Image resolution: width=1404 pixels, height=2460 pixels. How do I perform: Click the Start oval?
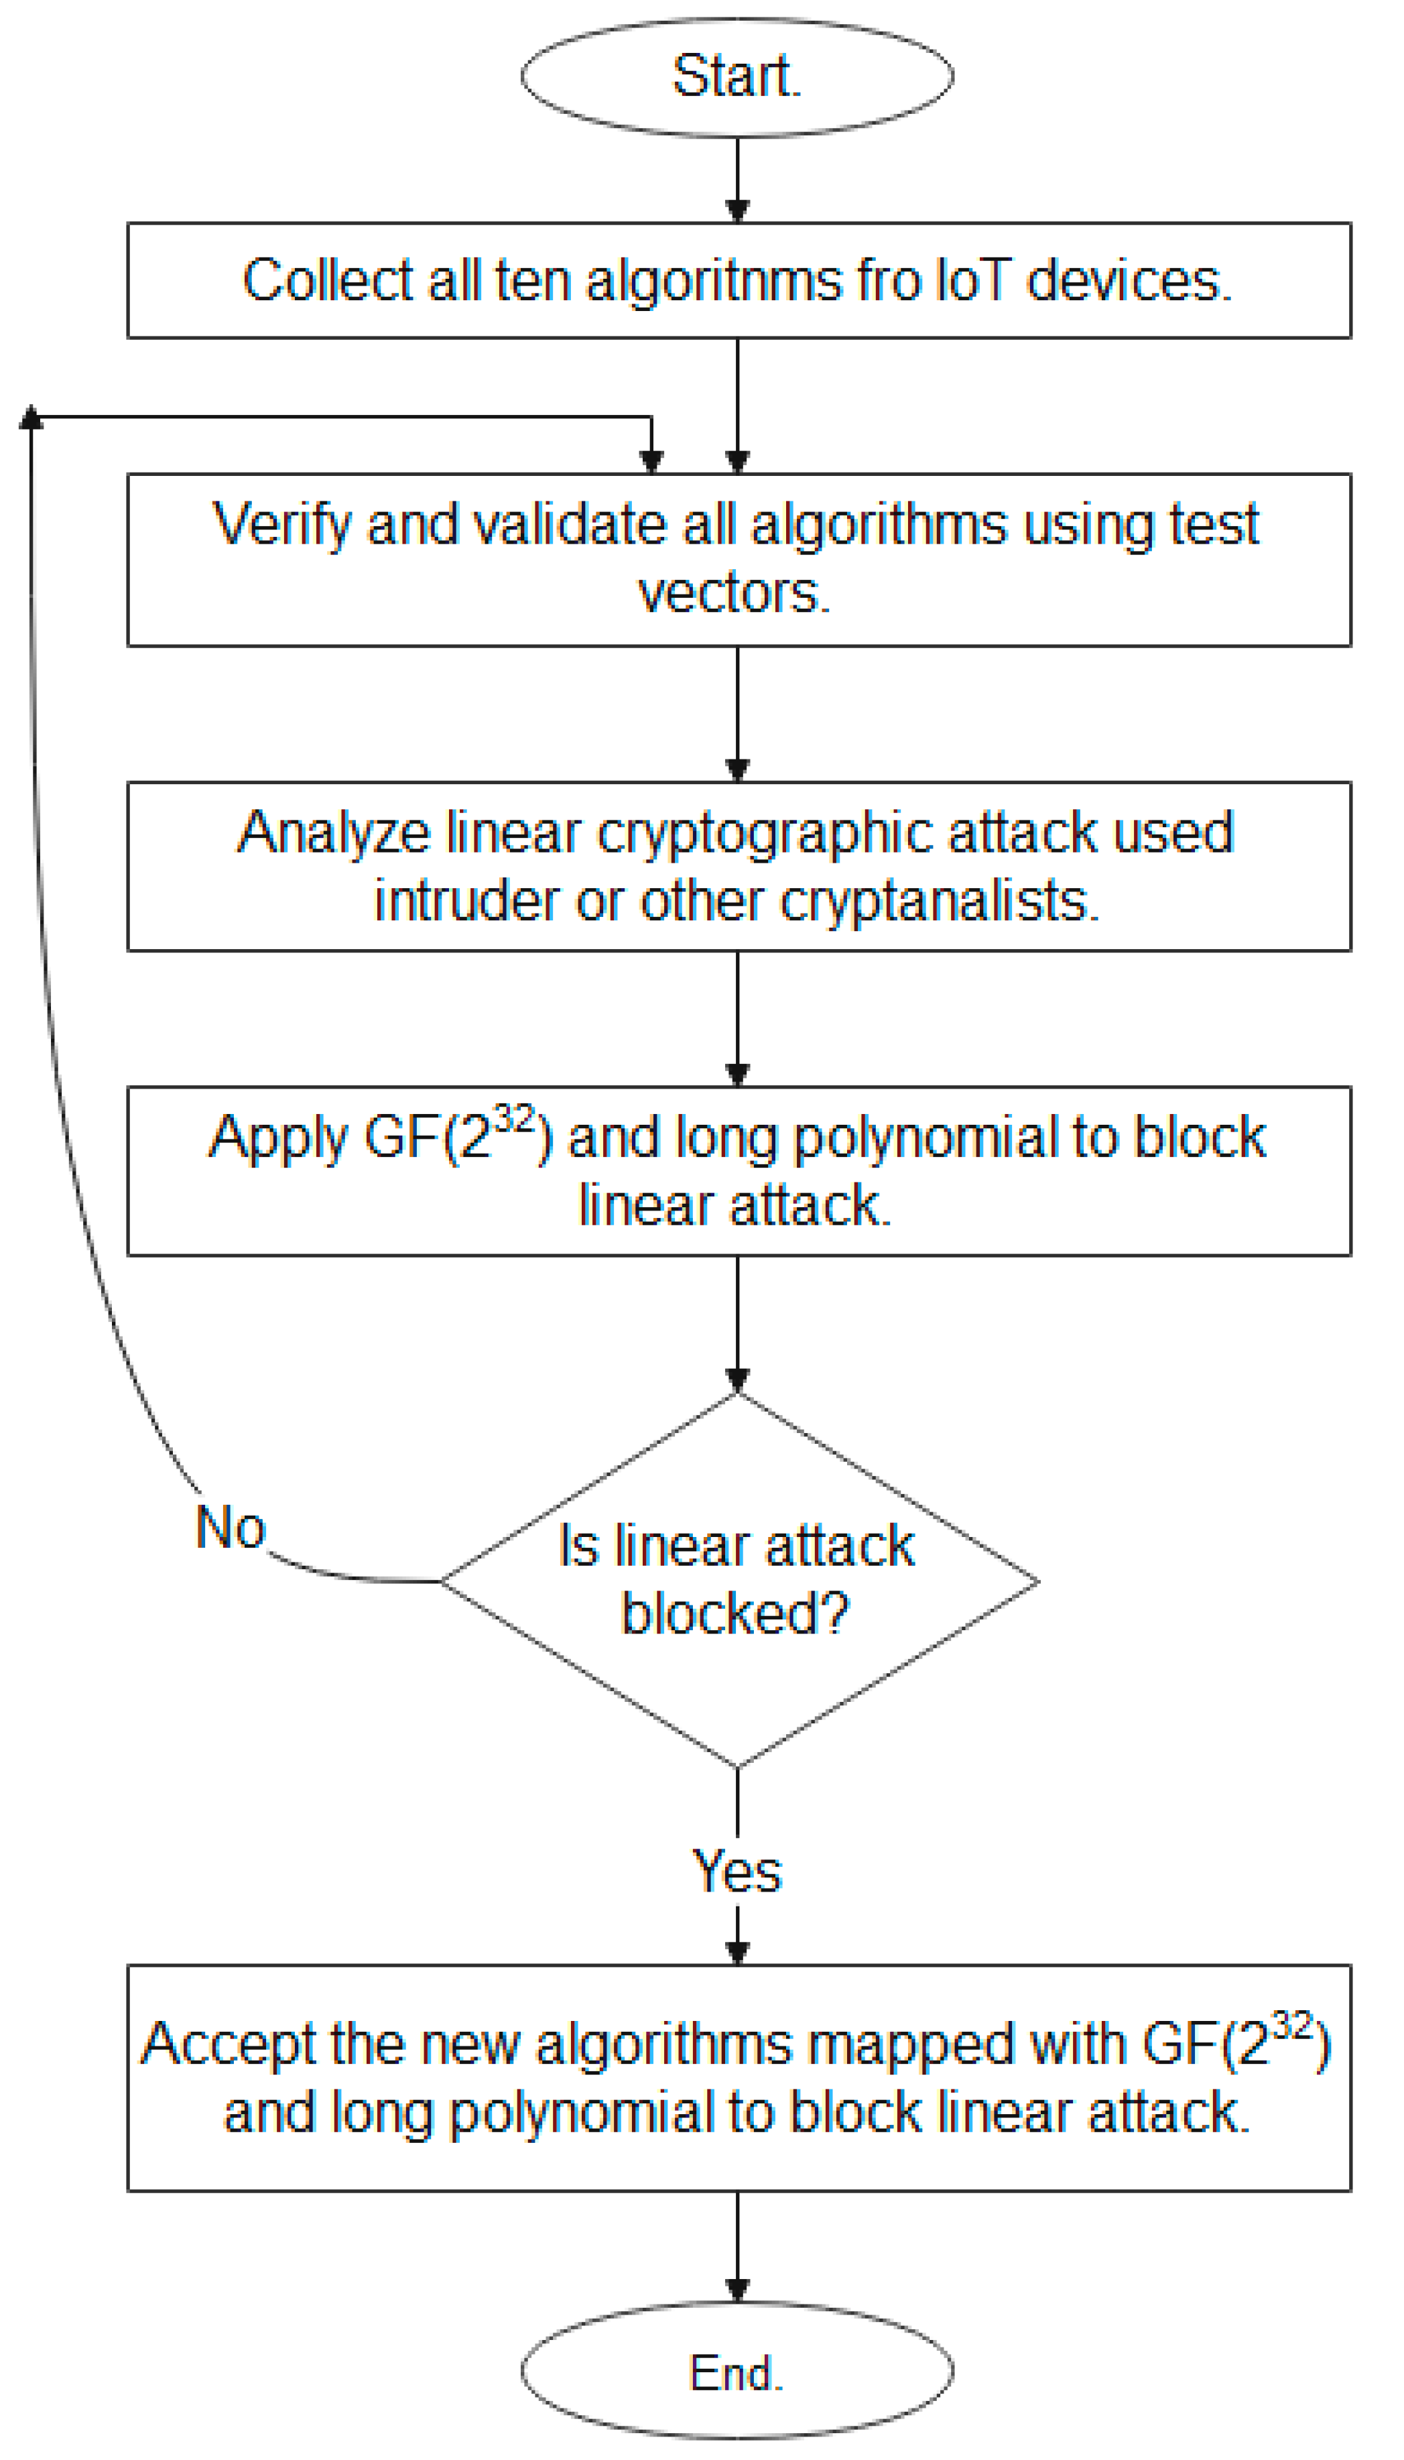pos(737,76)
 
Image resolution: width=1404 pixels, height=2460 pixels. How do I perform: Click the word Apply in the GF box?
pos(279,1139)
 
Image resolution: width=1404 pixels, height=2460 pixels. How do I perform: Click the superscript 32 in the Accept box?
pos(1292,2025)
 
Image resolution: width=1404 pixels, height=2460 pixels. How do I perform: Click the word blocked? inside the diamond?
pos(735,1611)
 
